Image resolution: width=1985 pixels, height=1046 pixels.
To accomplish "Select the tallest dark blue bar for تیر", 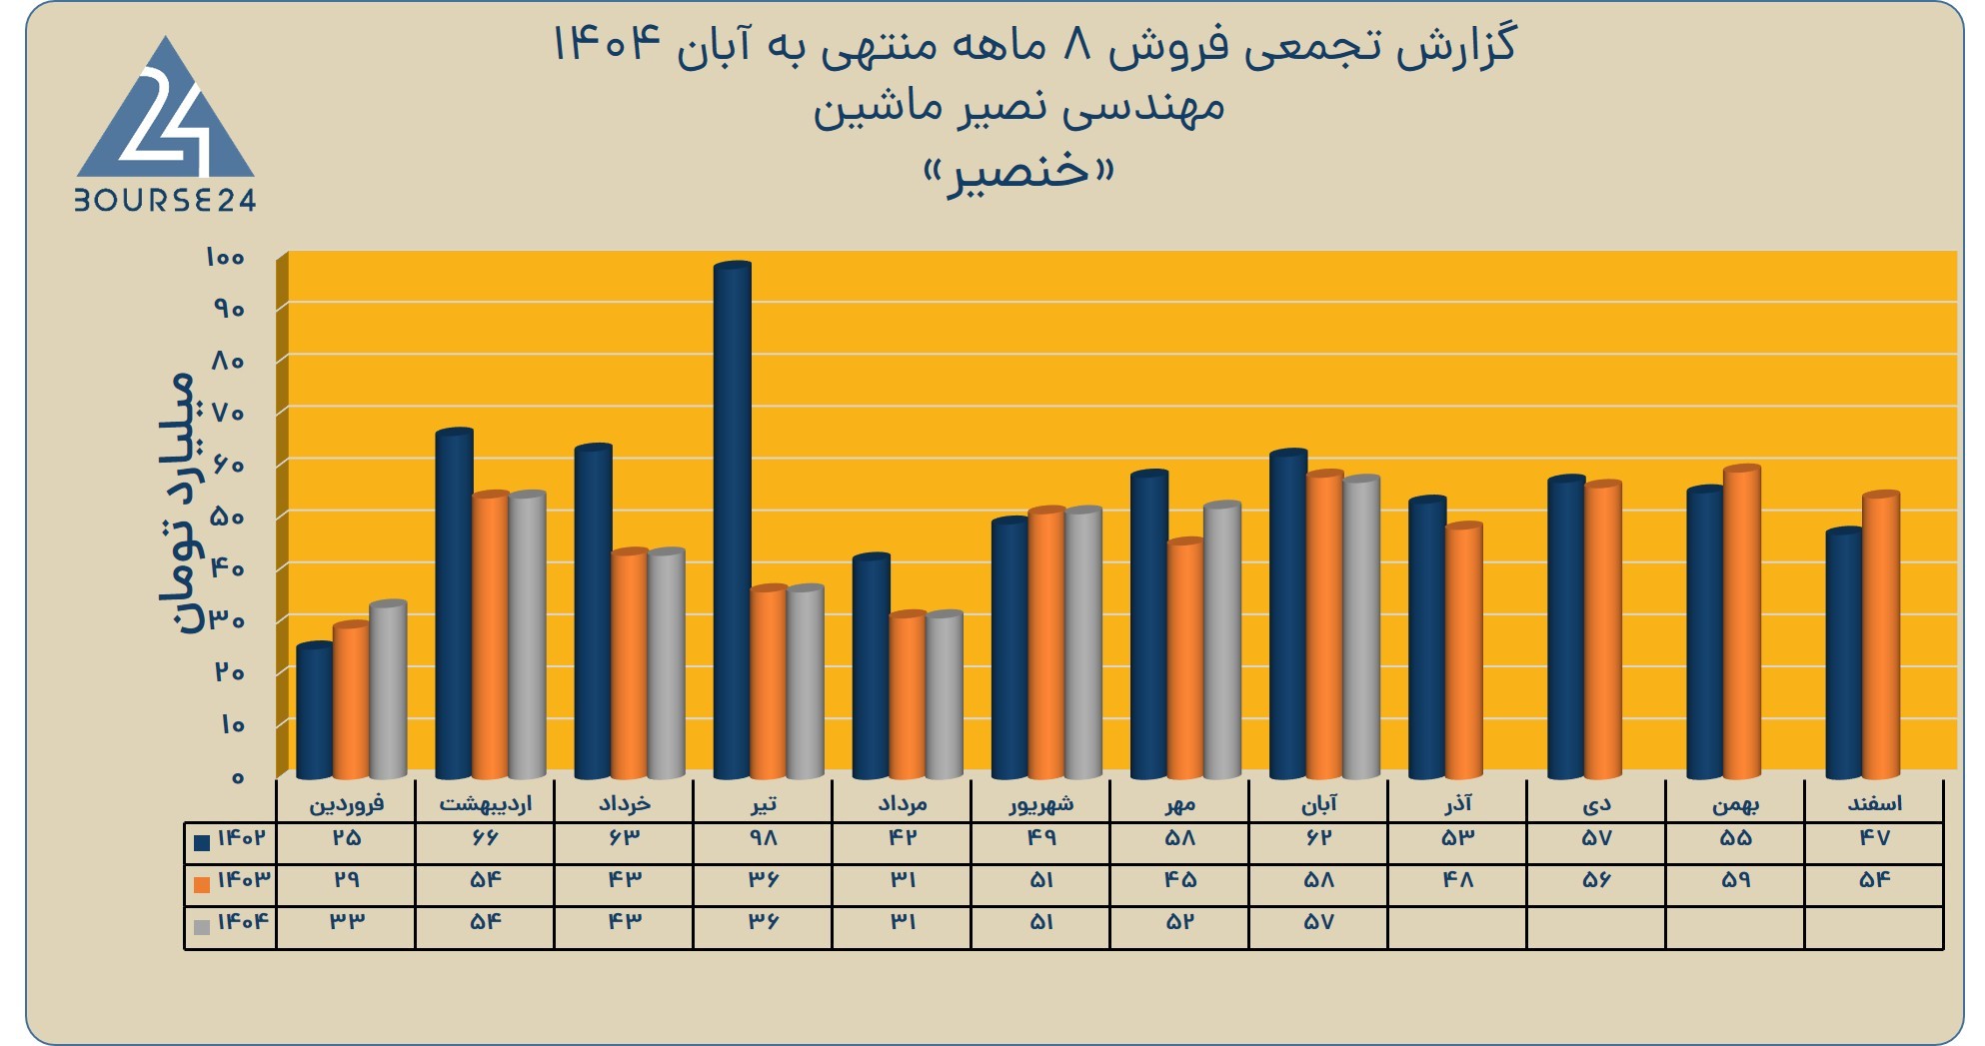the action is pyautogui.click(x=733, y=521).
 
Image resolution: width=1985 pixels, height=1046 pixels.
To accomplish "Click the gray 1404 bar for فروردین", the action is pyautogui.click(x=389, y=689).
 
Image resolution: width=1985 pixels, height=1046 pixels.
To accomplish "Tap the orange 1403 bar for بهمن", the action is pyautogui.click(x=1742, y=621).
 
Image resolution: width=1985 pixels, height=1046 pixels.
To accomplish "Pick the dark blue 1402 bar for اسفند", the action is pyautogui.click(x=1844, y=653).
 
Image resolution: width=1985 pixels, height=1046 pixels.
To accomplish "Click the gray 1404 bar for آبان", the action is pyautogui.click(x=1361, y=626).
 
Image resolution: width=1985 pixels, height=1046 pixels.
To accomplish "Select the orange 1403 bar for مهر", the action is pyautogui.click(x=1185, y=658).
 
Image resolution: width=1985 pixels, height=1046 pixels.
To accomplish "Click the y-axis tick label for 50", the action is pyautogui.click(x=228, y=517).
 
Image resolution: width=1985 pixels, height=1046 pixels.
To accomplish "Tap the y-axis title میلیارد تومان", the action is pyautogui.click(x=178, y=503).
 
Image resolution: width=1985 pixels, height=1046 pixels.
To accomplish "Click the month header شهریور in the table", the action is pyautogui.click(x=1041, y=803).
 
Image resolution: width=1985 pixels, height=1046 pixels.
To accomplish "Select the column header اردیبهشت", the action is pyautogui.click(x=486, y=803).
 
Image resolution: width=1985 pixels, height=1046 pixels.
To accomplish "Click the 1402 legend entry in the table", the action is pyautogui.click(x=231, y=839).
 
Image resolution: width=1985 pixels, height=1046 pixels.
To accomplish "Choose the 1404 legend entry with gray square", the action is pyautogui.click(x=231, y=923).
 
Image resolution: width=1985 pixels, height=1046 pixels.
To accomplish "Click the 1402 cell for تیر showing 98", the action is pyautogui.click(x=764, y=839).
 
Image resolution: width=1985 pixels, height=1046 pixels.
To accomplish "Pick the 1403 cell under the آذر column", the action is pyautogui.click(x=1458, y=881).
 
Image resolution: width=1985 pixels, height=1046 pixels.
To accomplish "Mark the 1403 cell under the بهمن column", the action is pyautogui.click(x=1736, y=881).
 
